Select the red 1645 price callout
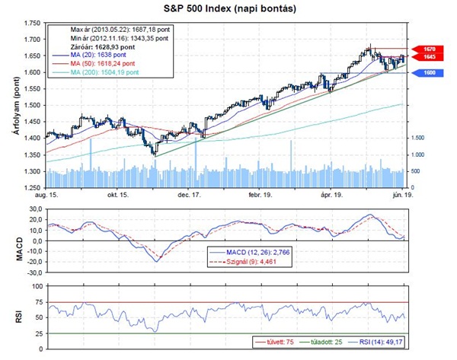pos(428,57)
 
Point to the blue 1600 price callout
pos(428,72)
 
